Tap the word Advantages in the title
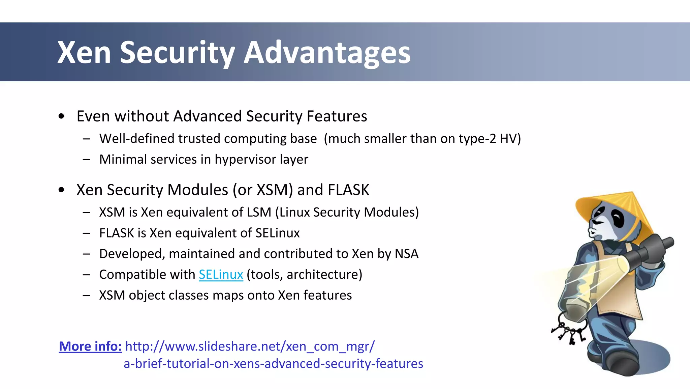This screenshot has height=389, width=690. pyautogui.click(x=327, y=53)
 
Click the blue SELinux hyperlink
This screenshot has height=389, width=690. pyautogui.click(x=221, y=275)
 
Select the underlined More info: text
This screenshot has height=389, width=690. pyautogui.click(x=90, y=346)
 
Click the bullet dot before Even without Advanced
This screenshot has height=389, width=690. pyautogui.click(x=61, y=116)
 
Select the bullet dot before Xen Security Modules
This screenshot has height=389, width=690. pyautogui.click(x=61, y=190)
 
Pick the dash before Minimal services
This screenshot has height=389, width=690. pyautogui.click(x=86, y=159)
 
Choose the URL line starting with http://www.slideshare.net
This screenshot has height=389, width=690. pyautogui.click(x=250, y=346)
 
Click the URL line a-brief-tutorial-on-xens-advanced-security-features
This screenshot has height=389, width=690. pyautogui.click(x=273, y=364)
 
